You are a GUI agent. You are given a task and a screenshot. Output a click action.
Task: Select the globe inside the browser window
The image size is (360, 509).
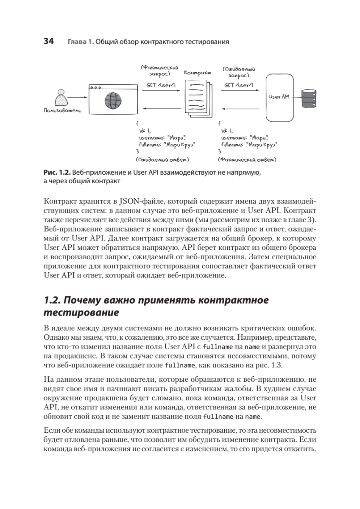click(112, 101)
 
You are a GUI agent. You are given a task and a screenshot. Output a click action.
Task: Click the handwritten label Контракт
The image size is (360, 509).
click(198, 73)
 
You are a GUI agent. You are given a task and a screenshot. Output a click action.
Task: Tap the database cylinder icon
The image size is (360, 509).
click(308, 98)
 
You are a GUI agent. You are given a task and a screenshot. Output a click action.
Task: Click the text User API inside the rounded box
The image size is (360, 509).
click(279, 97)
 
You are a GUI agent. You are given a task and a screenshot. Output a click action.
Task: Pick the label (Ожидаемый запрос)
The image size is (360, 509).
click(238, 71)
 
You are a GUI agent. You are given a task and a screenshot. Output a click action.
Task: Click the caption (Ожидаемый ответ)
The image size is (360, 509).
click(162, 160)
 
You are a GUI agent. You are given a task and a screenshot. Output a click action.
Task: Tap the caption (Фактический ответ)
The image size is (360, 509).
click(247, 160)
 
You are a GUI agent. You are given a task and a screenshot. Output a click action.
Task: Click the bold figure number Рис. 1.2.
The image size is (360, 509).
click(57, 173)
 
